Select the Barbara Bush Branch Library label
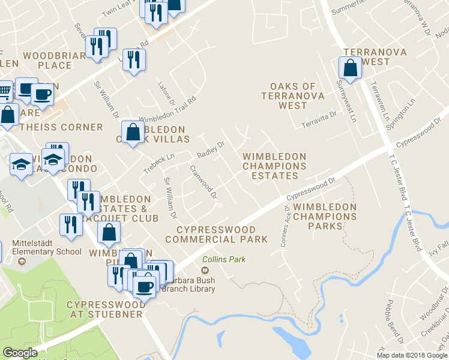187,284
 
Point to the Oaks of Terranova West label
293,96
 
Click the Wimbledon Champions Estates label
274,166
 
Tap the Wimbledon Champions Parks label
325,217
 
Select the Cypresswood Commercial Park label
216,235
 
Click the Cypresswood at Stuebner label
106,310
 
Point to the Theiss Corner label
61,127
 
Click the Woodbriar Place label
56,60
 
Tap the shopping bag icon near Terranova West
350,69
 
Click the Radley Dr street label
211,150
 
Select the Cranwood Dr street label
203,182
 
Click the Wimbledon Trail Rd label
168,109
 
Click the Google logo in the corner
20,353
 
